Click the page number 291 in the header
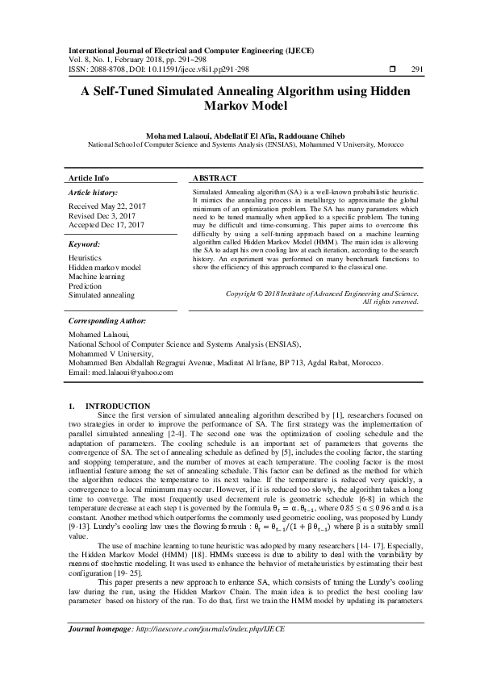point(417,69)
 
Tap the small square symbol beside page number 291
point(391,69)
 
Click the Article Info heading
point(89,177)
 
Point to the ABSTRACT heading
point(215,177)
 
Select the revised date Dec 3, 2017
point(113,216)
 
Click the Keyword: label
point(84,243)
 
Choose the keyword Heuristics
point(86,257)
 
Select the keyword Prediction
point(86,286)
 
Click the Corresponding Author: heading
point(109,320)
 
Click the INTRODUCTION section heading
point(118,406)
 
